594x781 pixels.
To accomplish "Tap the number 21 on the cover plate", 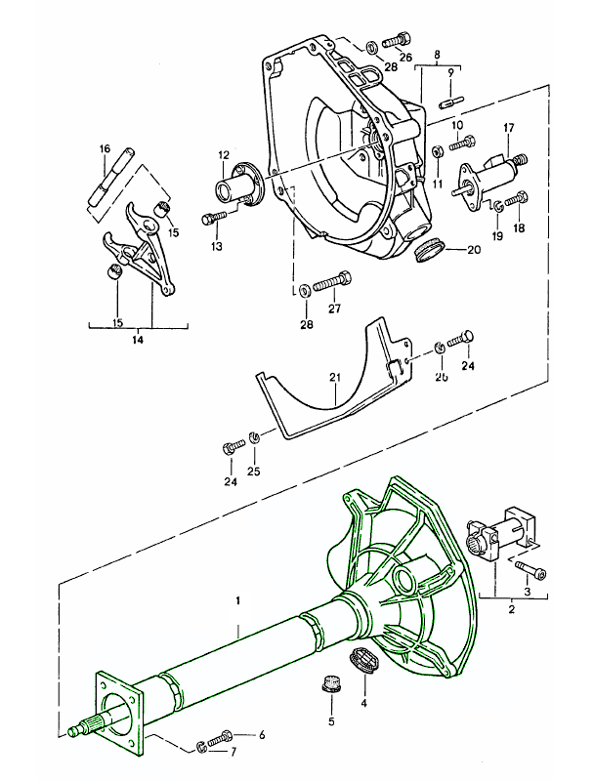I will tap(335, 378).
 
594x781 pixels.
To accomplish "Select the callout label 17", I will tap(509, 128).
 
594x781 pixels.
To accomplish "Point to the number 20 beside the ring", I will tap(474, 250).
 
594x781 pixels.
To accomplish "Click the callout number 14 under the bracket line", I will tap(137, 340).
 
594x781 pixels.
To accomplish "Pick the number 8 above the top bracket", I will tap(437, 54).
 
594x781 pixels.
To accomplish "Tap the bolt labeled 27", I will tap(332, 281).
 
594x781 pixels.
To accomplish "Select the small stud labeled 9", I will tap(450, 99).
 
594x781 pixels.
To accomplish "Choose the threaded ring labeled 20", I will tap(428, 252).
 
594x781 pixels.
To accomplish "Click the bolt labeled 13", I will tap(215, 217).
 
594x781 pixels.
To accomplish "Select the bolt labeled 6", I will tap(220, 736).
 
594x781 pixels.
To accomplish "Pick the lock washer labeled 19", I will tap(497, 205).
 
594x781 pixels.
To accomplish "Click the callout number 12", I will tap(223, 154).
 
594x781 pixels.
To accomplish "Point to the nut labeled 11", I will tap(437, 151).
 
